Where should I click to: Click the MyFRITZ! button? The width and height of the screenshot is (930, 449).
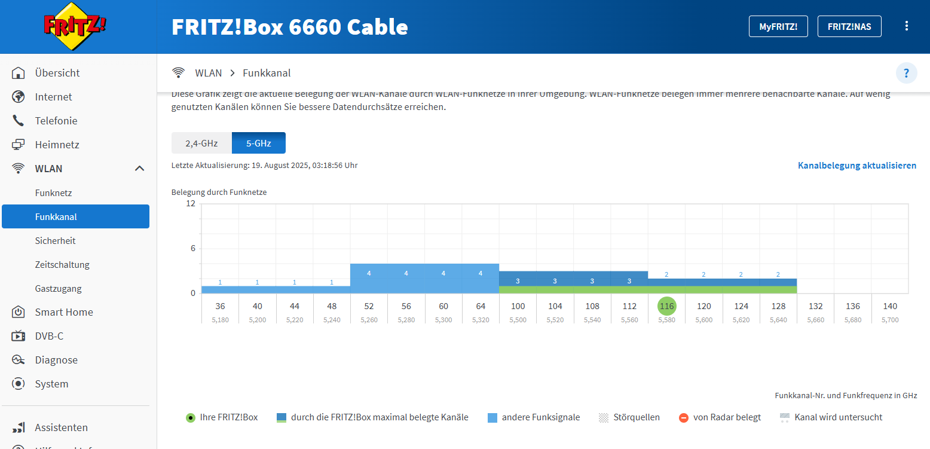(x=778, y=26)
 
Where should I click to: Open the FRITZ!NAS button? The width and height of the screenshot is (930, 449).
(x=849, y=26)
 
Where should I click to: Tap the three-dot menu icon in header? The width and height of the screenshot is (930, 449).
(x=907, y=26)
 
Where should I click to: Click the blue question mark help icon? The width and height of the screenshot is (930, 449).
(x=906, y=74)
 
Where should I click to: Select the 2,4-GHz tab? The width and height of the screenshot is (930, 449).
(x=201, y=143)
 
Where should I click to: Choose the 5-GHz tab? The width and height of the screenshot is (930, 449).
(x=259, y=143)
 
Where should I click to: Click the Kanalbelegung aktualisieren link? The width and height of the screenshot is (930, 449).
(x=856, y=166)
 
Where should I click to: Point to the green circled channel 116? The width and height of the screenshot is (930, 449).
(x=666, y=306)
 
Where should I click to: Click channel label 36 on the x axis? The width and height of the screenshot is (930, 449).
(x=220, y=306)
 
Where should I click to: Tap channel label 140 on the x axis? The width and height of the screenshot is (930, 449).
(x=890, y=306)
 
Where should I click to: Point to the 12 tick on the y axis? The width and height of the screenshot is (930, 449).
(x=191, y=203)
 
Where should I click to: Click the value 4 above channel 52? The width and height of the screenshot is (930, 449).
(x=369, y=273)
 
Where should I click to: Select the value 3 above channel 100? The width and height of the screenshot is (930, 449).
(x=518, y=281)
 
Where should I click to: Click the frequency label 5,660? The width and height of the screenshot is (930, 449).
(x=815, y=320)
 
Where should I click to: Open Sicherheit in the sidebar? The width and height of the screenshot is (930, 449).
(x=56, y=241)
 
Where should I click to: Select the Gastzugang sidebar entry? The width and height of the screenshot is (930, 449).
(x=58, y=289)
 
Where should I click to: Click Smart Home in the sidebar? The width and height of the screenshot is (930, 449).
(x=64, y=312)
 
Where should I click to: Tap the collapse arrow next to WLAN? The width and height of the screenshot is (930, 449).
(x=140, y=169)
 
